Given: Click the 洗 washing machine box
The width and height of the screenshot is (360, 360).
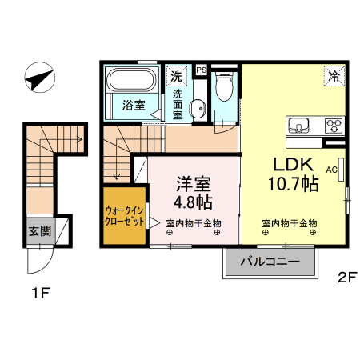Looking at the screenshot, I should [x=176, y=77].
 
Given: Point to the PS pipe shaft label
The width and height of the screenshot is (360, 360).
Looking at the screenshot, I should [x=201, y=70].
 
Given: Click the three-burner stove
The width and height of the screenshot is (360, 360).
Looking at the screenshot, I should [x=332, y=126].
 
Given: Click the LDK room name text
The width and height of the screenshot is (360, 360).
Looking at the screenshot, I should [x=295, y=165].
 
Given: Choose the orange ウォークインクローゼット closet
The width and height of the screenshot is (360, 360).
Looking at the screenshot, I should [x=124, y=217].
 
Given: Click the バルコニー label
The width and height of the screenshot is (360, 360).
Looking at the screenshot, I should [x=272, y=262].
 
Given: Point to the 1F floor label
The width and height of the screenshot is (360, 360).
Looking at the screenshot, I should [x=40, y=294].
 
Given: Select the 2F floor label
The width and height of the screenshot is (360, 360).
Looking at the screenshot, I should [x=346, y=278].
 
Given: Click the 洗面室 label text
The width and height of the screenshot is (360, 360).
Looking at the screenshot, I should [x=178, y=104].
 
